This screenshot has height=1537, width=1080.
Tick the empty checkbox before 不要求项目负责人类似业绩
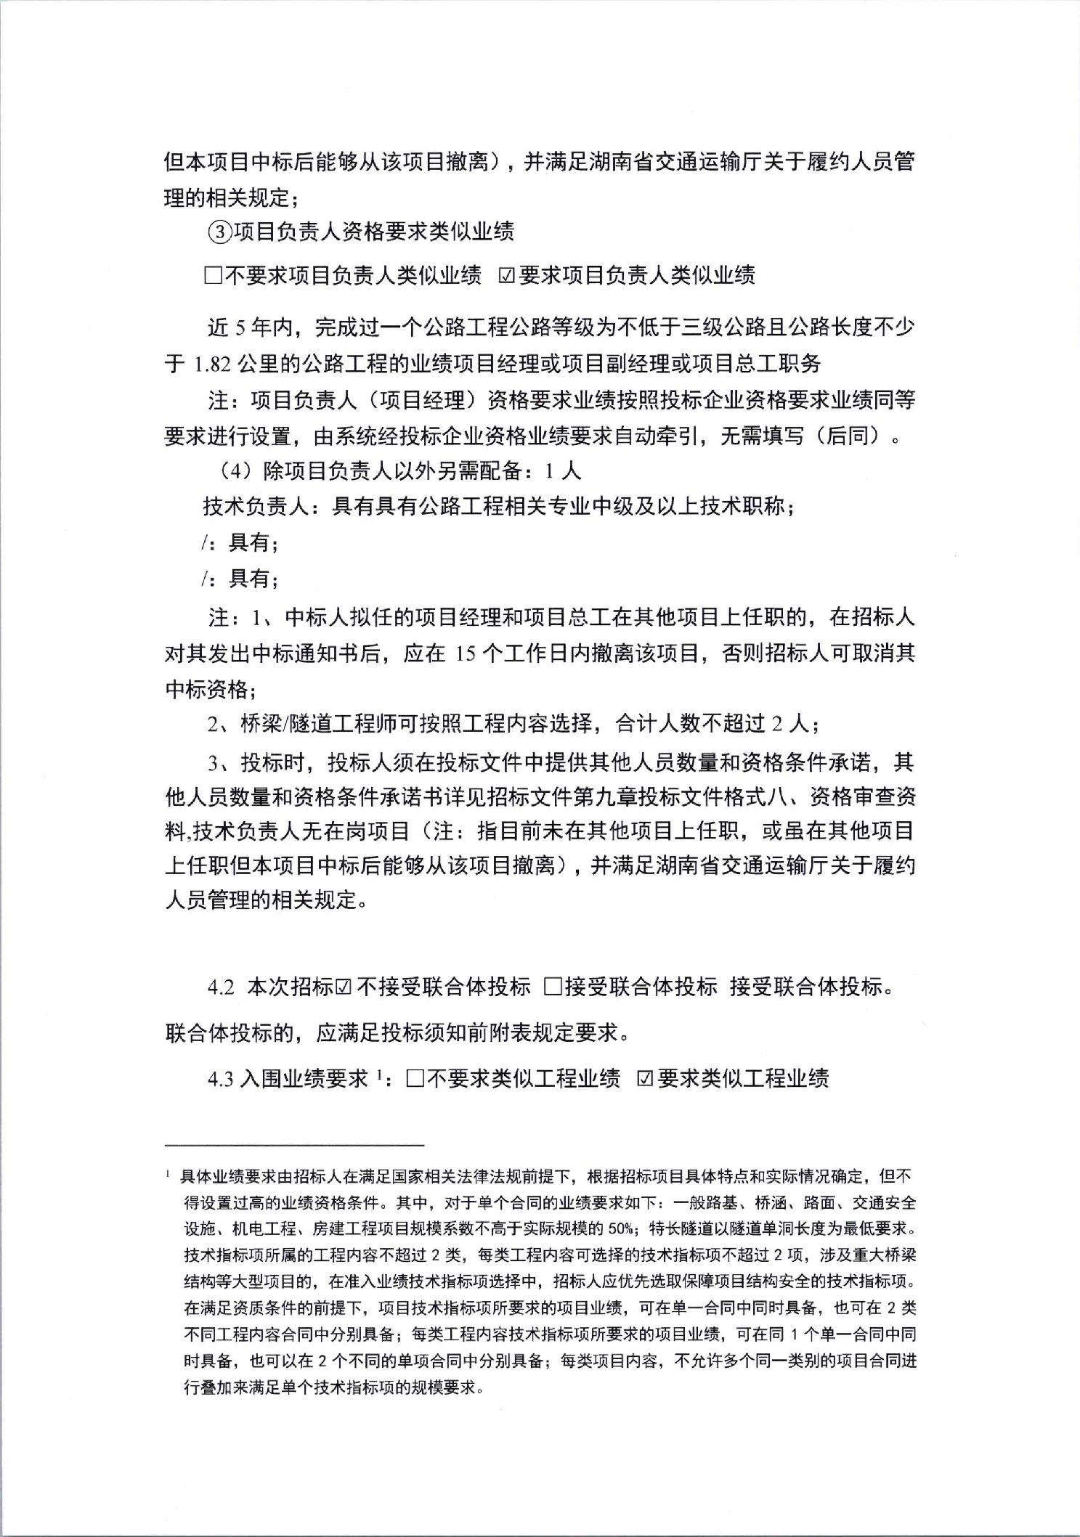(x=213, y=276)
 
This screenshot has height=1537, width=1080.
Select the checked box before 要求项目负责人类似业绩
(x=506, y=276)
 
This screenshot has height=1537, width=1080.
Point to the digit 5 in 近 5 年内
(x=239, y=328)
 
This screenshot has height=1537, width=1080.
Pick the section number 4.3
(x=221, y=1080)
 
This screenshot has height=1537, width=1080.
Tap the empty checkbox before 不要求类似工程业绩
(x=415, y=1079)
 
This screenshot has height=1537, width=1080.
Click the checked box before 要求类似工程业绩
(x=644, y=1079)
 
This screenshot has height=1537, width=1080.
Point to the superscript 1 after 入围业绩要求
(x=379, y=1074)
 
